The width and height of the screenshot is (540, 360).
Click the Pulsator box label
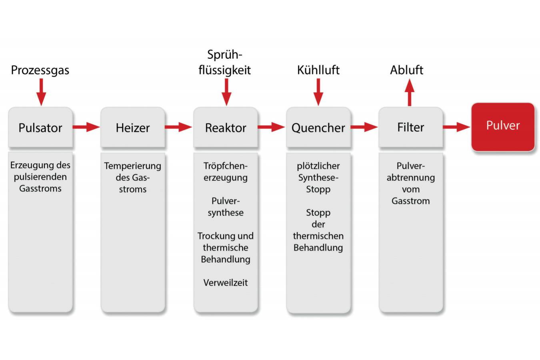tap(40, 128)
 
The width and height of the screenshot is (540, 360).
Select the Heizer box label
tap(132, 128)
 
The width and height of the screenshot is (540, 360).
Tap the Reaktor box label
tap(226, 128)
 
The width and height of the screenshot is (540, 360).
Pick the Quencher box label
tap(318, 128)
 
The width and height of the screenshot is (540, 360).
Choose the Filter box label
tap(410, 127)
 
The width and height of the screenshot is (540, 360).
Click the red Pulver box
tap(503, 126)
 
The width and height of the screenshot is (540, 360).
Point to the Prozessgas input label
tap(40, 70)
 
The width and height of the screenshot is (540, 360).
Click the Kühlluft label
tap(318, 70)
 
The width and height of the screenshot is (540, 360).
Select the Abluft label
tap(406, 70)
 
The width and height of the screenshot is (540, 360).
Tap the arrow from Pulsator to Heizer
tap(86, 127)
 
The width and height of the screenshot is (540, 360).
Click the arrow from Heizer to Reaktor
tap(178, 127)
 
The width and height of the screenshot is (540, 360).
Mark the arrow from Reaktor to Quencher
tap(271, 127)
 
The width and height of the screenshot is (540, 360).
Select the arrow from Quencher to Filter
tap(364, 127)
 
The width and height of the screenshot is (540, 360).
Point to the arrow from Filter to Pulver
tap(456, 127)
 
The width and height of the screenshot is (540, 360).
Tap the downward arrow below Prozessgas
tap(41, 92)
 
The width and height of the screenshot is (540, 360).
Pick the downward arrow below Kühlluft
tap(318, 92)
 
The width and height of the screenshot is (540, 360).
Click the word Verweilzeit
tap(226, 283)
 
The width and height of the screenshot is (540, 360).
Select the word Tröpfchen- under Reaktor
tap(226, 166)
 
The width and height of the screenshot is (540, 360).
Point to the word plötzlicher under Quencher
tap(318, 166)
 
